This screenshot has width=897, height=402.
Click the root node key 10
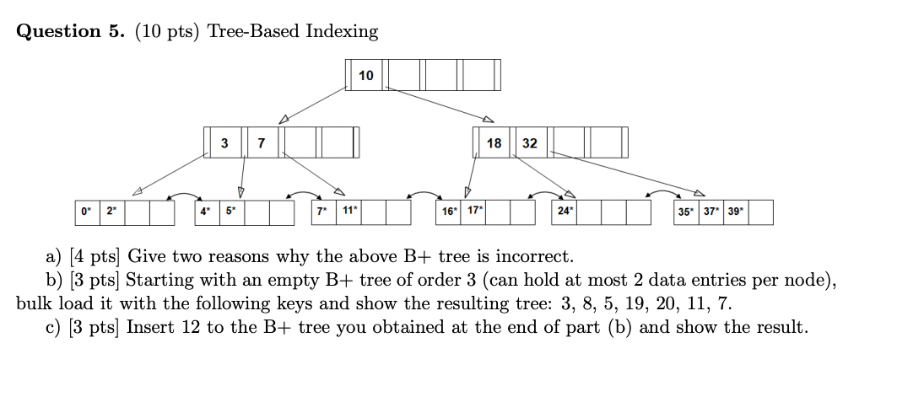tap(365, 76)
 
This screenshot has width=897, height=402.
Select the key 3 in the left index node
tap(224, 143)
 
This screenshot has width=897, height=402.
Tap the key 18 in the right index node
tap(494, 143)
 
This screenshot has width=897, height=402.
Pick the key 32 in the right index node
tap(529, 143)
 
